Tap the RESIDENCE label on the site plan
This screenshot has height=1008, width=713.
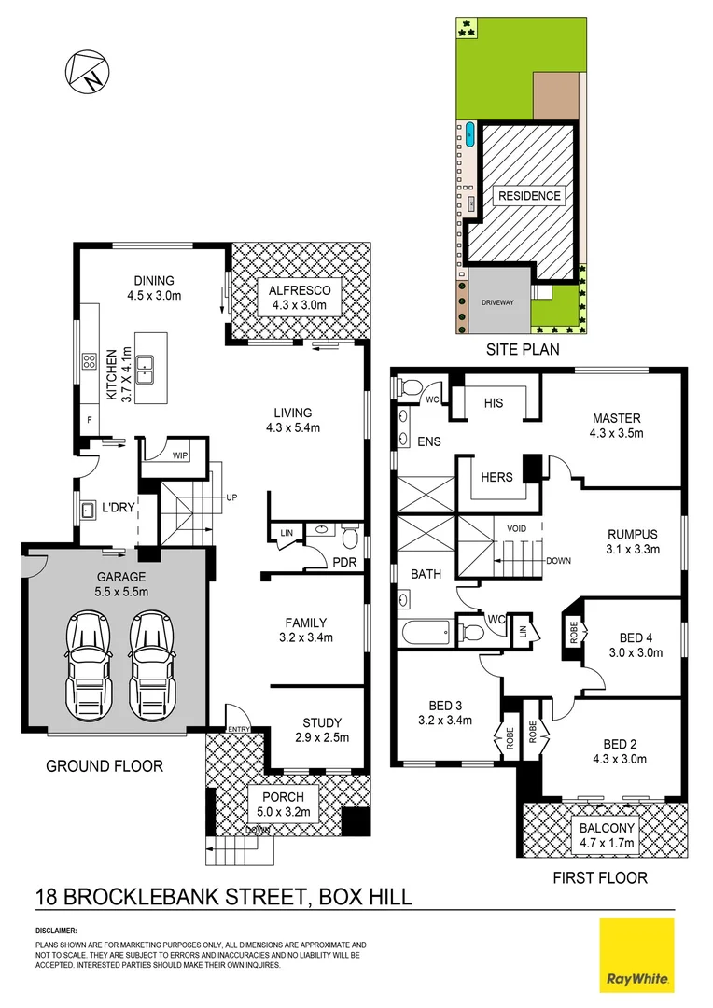click(x=529, y=196)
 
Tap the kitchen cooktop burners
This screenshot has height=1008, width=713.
click(x=91, y=360)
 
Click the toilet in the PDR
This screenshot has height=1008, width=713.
click(x=350, y=539)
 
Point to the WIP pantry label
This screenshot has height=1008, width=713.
click(x=179, y=455)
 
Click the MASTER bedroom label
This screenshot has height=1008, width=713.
click(x=616, y=418)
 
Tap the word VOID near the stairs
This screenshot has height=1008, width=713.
click(x=515, y=528)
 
